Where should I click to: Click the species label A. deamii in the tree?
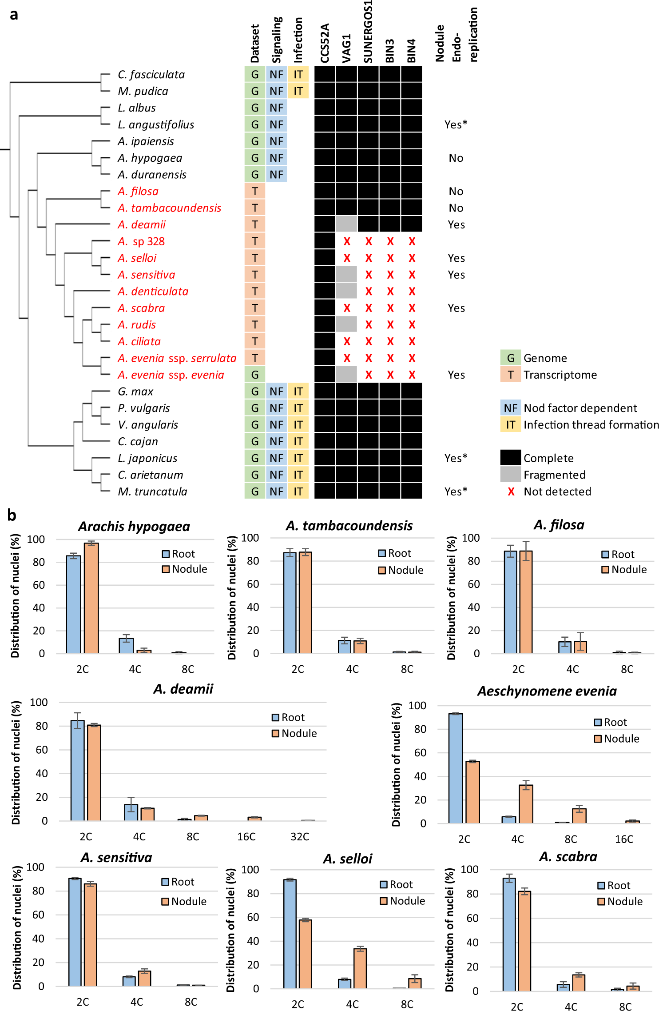click(142, 225)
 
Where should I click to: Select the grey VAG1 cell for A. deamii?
click(346, 224)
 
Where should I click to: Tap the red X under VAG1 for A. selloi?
click(347, 258)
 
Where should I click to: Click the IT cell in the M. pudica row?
click(298, 91)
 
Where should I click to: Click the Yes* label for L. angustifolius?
click(456, 125)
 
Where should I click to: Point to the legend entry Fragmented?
click(554, 475)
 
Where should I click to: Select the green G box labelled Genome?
click(511, 358)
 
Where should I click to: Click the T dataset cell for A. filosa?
click(255, 192)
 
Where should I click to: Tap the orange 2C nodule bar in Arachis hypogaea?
click(91, 598)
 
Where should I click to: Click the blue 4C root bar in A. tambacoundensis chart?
click(345, 647)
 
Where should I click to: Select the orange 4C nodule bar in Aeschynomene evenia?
click(526, 804)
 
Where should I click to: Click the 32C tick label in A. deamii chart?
click(300, 837)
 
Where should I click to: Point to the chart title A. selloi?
click(347, 859)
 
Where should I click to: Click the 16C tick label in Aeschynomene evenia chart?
click(624, 839)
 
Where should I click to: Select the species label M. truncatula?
click(152, 492)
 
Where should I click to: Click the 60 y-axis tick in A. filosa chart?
click(473, 584)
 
